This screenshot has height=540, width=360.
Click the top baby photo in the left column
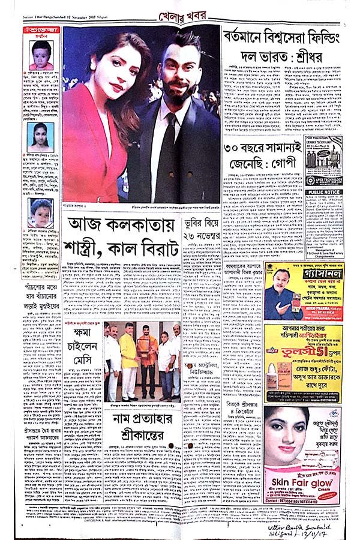click(x=41, y=55)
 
